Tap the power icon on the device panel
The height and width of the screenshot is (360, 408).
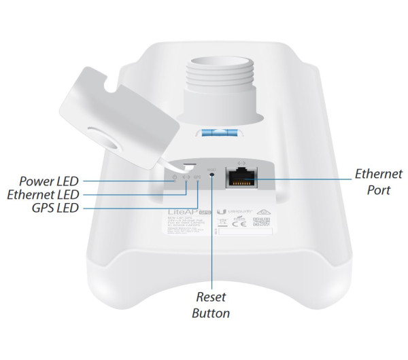[x=175, y=178]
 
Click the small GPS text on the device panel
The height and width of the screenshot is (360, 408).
[x=197, y=178]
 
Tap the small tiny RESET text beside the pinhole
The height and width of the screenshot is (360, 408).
[x=211, y=166]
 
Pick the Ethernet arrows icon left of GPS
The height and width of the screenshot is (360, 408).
[x=186, y=178]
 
